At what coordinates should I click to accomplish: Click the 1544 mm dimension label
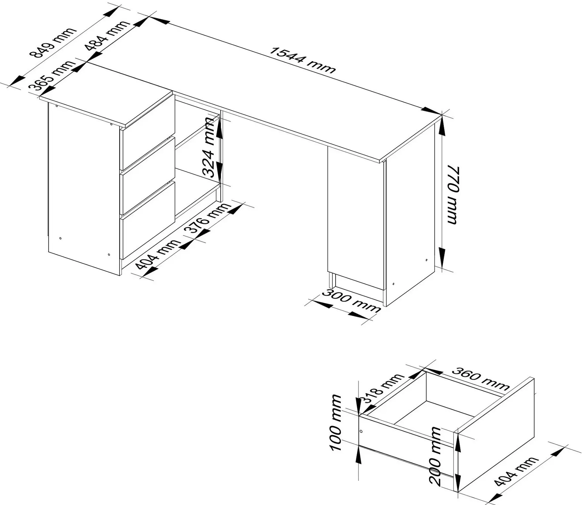303,60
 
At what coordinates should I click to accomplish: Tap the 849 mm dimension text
53,43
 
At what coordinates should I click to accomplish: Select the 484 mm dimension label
107,35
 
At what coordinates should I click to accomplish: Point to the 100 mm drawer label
336,423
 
